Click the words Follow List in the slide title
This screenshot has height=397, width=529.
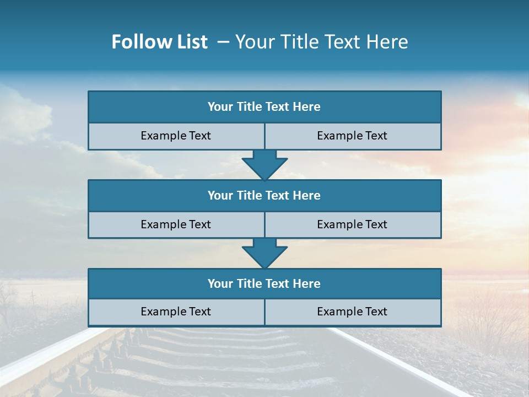(x=159, y=42)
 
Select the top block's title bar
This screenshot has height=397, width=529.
(x=264, y=107)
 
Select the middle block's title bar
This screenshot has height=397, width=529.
(x=264, y=195)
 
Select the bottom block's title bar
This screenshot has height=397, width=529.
(x=264, y=283)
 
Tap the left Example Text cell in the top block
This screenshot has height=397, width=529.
(x=176, y=136)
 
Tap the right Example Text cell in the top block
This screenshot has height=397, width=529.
(x=352, y=136)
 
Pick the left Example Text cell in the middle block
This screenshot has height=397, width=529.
(x=176, y=224)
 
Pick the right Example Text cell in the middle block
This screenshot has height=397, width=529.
(x=352, y=224)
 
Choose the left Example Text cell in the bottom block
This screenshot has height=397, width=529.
(x=176, y=312)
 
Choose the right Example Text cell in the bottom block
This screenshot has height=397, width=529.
(x=352, y=312)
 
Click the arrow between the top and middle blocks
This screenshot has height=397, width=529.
(x=264, y=164)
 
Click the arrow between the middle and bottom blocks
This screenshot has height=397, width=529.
(x=264, y=253)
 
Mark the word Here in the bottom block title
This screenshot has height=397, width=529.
(x=307, y=283)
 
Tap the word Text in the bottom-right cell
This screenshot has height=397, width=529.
(x=376, y=312)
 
